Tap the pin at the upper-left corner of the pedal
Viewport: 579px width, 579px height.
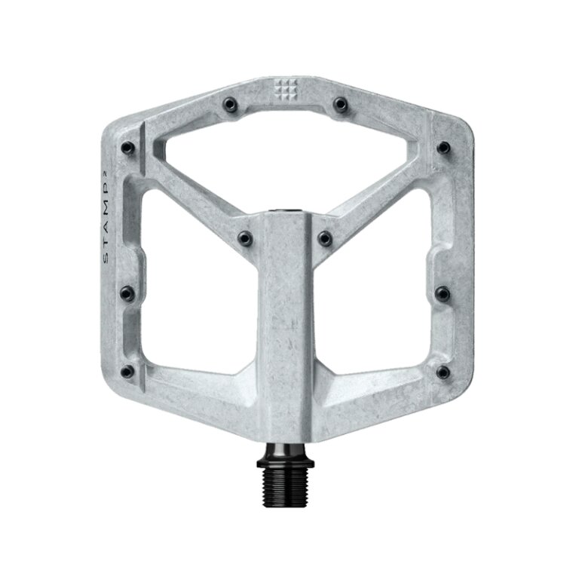(128, 146)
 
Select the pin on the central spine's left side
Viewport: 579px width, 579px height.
(244, 238)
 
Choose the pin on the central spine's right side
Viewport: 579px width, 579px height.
(326, 238)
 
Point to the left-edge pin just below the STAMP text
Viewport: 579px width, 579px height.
(127, 290)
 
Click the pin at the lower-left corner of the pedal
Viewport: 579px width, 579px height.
(127, 371)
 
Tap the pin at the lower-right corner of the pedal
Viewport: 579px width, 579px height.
(444, 371)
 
